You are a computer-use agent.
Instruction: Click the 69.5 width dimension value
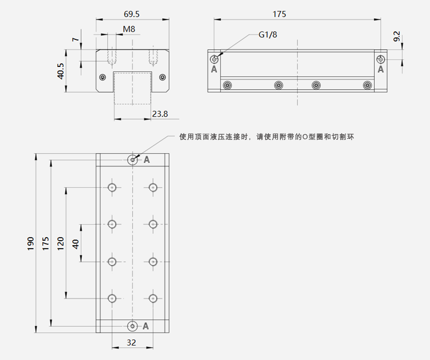(x=132, y=14)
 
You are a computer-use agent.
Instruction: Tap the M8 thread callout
(x=129, y=29)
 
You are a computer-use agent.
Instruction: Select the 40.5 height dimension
(x=60, y=71)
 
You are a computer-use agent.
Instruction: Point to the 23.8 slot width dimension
(x=160, y=114)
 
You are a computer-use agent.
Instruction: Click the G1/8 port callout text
(x=268, y=35)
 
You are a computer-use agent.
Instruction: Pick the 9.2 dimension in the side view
(x=397, y=36)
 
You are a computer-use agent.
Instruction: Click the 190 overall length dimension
(x=31, y=244)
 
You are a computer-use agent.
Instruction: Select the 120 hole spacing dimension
(x=60, y=244)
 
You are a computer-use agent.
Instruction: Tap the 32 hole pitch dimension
(x=131, y=342)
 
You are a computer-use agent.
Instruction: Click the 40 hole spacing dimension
(x=75, y=244)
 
